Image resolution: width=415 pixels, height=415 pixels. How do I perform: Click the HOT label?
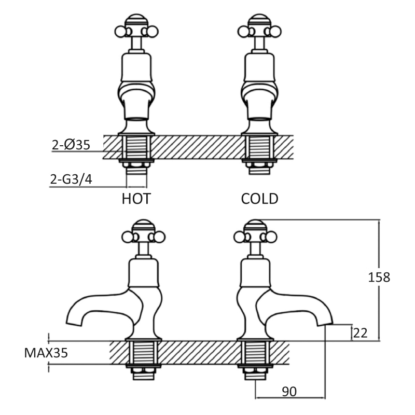pos(136,199)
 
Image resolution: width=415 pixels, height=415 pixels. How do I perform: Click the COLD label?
pos(260,199)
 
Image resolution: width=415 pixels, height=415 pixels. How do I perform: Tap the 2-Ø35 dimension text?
pos(71,145)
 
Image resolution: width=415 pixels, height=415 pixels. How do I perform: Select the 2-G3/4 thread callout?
pos(71,179)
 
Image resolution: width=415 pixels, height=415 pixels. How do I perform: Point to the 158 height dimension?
pos(379,278)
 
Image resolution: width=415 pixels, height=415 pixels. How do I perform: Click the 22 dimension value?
pos(360,333)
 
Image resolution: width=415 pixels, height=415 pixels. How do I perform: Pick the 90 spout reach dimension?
pos(289,392)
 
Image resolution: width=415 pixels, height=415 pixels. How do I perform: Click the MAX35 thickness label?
pos(46,353)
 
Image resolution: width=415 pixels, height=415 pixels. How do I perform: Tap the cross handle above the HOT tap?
pos(136,29)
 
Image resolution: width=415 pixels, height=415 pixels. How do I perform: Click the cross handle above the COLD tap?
pos(259,29)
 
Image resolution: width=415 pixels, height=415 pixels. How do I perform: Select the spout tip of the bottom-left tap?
pos(74,323)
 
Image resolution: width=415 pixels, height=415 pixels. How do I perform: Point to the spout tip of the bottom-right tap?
pos(325,323)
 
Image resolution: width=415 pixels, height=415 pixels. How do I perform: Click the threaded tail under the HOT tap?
pos(136,171)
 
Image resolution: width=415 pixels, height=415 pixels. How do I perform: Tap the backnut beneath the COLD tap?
pos(259,164)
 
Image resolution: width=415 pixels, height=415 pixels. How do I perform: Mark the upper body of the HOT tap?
pos(136,67)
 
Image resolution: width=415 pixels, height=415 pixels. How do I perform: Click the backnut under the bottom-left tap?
pos(144,370)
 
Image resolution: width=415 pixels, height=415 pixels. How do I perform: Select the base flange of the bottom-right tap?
pos(255,339)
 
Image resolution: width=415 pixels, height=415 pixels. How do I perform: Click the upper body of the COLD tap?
pos(259,67)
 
